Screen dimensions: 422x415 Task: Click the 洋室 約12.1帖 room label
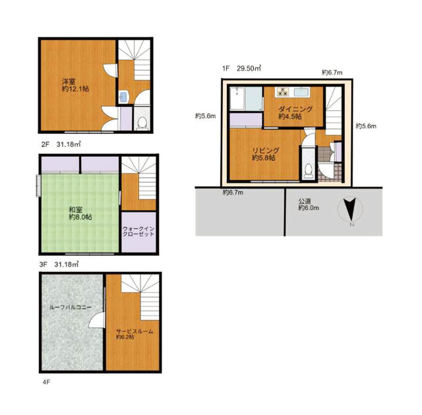(75, 85)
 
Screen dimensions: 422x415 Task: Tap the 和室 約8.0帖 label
(80, 213)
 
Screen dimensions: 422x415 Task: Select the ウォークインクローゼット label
(138, 232)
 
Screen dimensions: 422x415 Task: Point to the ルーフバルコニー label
(71, 307)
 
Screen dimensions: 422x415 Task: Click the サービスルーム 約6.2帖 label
(135, 334)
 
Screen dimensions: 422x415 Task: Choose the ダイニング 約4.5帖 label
(295, 113)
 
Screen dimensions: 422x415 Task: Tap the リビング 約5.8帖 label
(265, 154)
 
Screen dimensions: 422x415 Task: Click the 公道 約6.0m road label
(309, 205)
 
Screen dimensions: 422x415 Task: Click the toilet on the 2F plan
(142, 123)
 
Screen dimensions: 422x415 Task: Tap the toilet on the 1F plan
(309, 171)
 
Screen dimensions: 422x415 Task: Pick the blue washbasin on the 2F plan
(124, 97)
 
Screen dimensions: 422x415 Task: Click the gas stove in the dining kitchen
(282, 92)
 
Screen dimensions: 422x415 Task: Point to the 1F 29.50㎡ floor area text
(241, 69)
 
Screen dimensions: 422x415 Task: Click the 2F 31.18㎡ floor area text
(61, 144)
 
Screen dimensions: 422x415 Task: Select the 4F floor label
(46, 382)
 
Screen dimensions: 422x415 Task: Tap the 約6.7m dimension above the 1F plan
(332, 72)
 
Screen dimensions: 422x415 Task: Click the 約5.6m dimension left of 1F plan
(205, 116)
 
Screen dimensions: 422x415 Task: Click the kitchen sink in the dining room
(301, 92)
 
